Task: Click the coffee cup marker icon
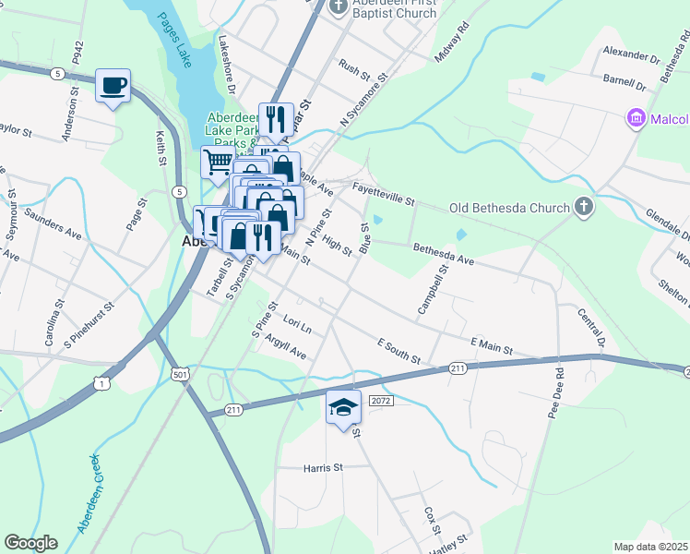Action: coord(114,85)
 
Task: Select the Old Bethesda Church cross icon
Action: coord(583,207)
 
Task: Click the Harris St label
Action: coord(323,468)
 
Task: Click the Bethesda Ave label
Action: coord(443,255)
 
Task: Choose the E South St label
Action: coord(399,351)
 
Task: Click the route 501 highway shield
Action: coord(181,373)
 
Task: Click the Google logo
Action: coord(30,543)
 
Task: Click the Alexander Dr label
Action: coord(631,57)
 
